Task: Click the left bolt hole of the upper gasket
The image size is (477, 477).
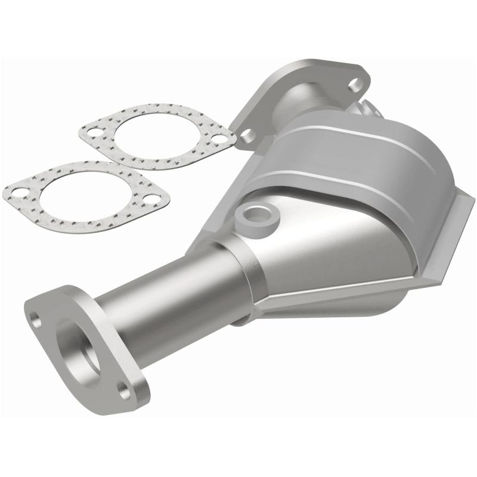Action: (x=94, y=132)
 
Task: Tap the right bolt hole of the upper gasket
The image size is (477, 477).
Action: (x=219, y=139)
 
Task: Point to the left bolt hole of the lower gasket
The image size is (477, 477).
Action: (x=19, y=192)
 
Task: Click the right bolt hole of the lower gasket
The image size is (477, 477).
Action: (x=153, y=199)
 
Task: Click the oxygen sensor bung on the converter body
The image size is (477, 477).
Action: (x=257, y=213)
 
